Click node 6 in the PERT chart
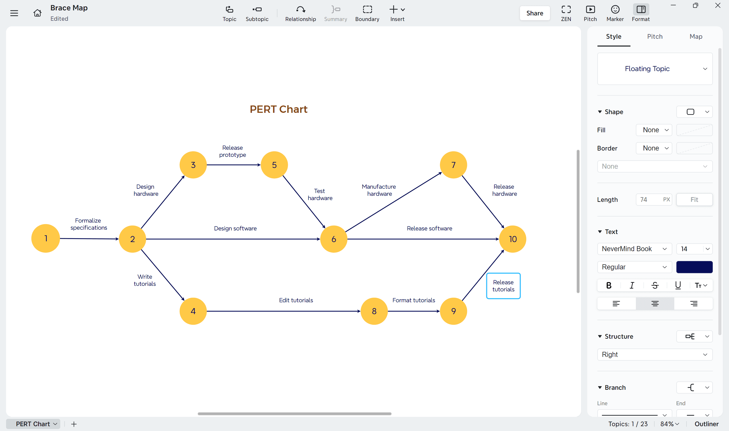[x=334, y=239]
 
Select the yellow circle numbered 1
[x=46, y=238]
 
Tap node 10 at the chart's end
[x=513, y=239]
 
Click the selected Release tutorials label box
[x=503, y=286]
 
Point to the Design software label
[x=235, y=228]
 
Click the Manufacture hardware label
[x=379, y=190]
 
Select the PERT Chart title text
[x=278, y=109]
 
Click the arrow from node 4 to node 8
[x=283, y=311]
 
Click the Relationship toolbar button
[x=300, y=13]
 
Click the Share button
[x=534, y=13]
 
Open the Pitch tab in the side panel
[x=655, y=37]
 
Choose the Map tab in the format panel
[x=696, y=37]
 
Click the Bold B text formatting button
[x=609, y=285]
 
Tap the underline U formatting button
[x=678, y=285]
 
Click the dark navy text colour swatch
[x=694, y=267]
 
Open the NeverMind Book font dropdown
[x=634, y=249]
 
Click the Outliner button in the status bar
[x=706, y=424]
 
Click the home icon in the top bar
[x=37, y=13]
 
